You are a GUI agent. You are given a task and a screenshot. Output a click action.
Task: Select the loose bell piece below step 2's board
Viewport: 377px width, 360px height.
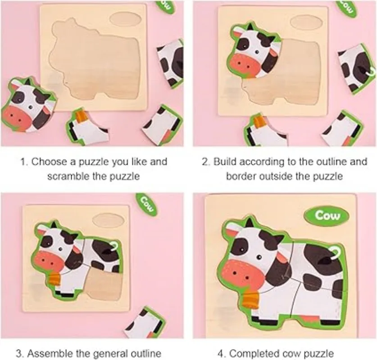point(265,131)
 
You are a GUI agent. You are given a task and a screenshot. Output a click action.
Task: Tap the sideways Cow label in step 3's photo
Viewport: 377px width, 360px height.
point(147,205)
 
